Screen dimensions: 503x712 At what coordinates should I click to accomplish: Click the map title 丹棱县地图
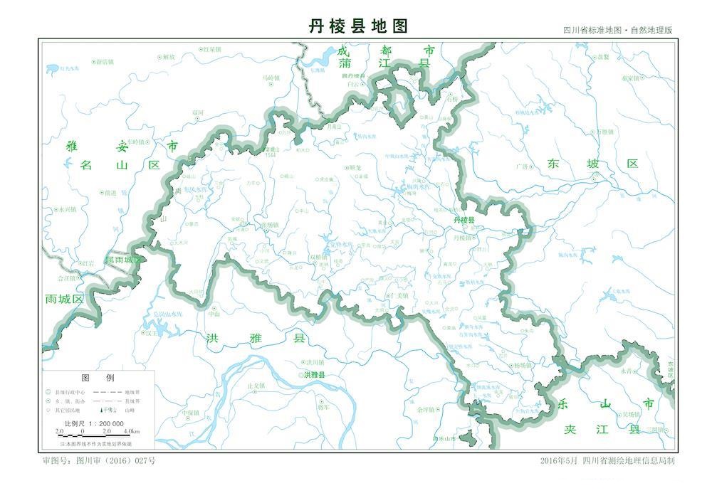(358, 26)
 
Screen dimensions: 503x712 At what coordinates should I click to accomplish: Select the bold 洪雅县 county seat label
(314, 375)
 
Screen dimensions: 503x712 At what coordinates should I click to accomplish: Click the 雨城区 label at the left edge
(64, 299)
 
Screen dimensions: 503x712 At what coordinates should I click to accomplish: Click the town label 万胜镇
(604, 132)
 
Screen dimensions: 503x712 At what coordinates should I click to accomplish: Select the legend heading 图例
(98, 378)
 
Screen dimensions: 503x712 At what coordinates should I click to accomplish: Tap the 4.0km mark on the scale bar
(131, 432)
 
